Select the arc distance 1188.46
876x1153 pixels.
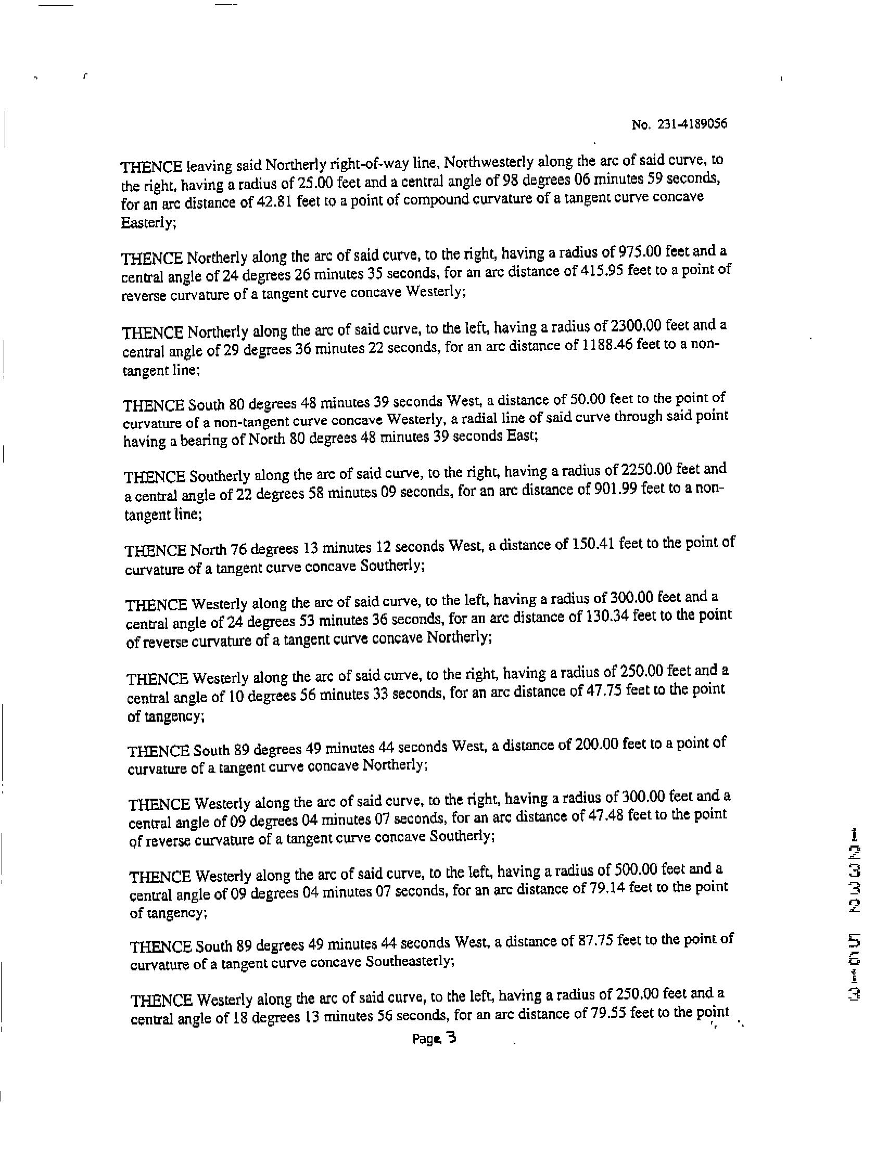[605, 345]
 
